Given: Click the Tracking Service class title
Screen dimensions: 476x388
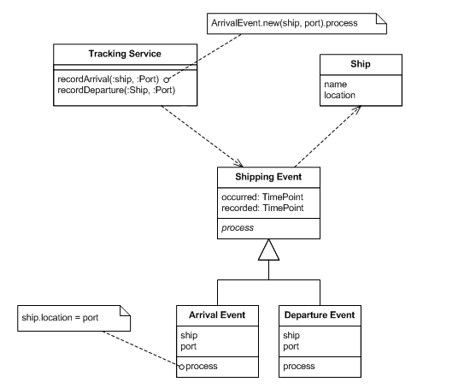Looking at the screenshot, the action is (x=125, y=54).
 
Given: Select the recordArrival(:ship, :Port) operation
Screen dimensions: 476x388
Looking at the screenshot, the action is (x=108, y=79).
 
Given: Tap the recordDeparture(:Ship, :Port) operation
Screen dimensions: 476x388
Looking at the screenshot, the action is (x=116, y=91).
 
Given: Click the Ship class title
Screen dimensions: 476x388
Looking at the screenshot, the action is (x=361, y=64).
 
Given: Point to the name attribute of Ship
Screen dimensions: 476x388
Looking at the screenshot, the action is (x=336, y=85).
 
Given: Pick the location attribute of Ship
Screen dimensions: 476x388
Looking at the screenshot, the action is (x=339, y=96).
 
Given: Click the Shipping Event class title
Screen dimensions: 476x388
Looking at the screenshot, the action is (x=268, y=177).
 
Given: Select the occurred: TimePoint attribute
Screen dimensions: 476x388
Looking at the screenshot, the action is (x=262, y=197).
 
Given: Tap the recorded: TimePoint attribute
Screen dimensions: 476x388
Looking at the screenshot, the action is (x=262, y=208).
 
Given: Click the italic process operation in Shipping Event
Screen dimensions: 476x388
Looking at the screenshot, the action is (x=238, y=228).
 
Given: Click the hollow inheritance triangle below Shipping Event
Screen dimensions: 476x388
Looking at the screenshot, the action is (x=268, y=250).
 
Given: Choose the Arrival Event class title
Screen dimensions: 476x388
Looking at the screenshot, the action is (x=217, y=315).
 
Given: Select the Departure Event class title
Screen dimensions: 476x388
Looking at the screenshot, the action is (x=320, y=315).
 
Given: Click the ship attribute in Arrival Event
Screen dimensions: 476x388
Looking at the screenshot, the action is (x=189, y=336).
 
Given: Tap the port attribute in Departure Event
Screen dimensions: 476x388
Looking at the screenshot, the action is (x=291, y=346).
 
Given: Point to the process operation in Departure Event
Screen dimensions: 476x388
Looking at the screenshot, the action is (x=299, y=367).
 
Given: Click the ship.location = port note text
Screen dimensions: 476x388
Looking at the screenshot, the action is (x=60, y=318).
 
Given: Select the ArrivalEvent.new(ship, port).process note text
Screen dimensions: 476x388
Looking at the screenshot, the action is (x=285, y=23).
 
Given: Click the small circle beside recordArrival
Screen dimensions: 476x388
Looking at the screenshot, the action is (x=166, y=80).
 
